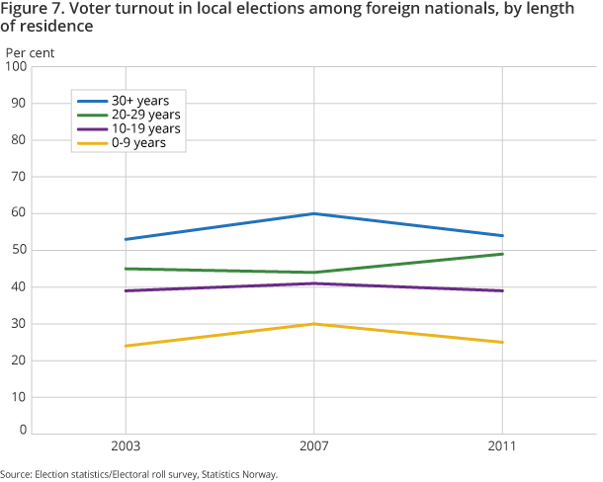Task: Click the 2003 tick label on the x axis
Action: coord(125,446)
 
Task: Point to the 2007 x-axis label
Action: coord(313,446)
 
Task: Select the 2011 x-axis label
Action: coord(503,446)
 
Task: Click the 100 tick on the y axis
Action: coord(15,66)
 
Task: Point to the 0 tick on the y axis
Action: coord(21,432)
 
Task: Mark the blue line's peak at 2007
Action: coord(313,213)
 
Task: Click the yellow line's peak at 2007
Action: coord(313,324)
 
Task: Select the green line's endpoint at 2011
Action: coord(503,254)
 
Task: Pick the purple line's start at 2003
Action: coord(125,290)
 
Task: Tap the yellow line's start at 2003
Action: coord(125,346)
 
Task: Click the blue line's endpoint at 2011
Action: coord(503,235)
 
